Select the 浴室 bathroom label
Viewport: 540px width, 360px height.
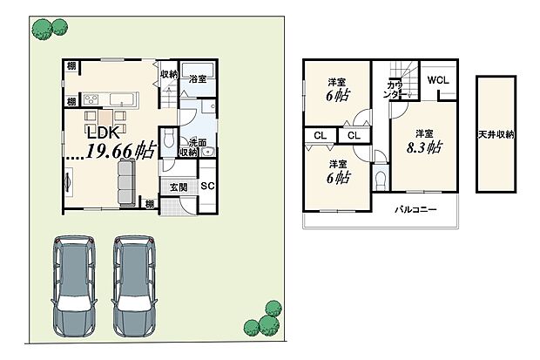click(x=198, y=79)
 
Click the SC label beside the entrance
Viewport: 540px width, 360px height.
click(x=207, y=186)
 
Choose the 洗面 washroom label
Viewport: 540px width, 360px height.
click(x=197, y=142)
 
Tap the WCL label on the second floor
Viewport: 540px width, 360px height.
click(x=438, y=79)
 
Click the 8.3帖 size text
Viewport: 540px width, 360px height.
click(x=424, y=147)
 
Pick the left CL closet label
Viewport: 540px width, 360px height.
click(x=320, y=136)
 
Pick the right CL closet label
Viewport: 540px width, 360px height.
click(x=353, y=136)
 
